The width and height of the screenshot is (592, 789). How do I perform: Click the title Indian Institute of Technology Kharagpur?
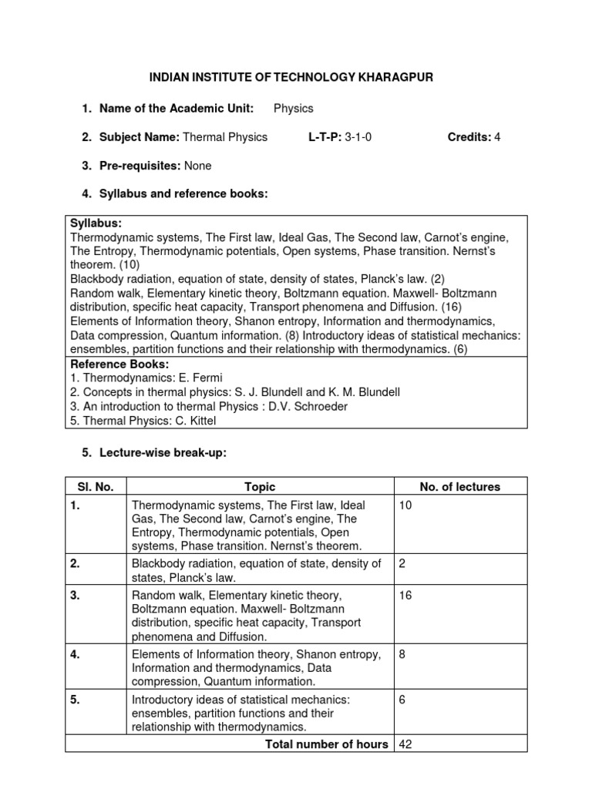tap(296, 78)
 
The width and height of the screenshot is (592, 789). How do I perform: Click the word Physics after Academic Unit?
tap(294, 108)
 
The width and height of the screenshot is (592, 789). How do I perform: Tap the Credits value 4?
tap(497, 137)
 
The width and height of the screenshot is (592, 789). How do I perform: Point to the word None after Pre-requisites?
tap(197, 166)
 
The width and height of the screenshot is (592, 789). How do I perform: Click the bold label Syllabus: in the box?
tap(96, 223)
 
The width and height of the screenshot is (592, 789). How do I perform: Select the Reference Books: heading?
tap(119, 364)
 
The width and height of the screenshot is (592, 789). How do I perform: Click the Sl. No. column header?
tap(96, 486)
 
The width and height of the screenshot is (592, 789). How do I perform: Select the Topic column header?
tap(260, 486)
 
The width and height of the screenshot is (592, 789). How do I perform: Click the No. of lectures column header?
tap(459, 486)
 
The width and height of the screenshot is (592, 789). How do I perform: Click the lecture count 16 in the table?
tap(406, 596)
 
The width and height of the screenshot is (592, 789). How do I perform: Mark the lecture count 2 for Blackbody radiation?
tap(403, 564)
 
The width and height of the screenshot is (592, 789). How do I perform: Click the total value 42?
tap(406, 744)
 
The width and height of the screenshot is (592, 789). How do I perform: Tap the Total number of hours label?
tap(326, 744)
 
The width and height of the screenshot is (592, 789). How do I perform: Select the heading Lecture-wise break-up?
tap(163, 453)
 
